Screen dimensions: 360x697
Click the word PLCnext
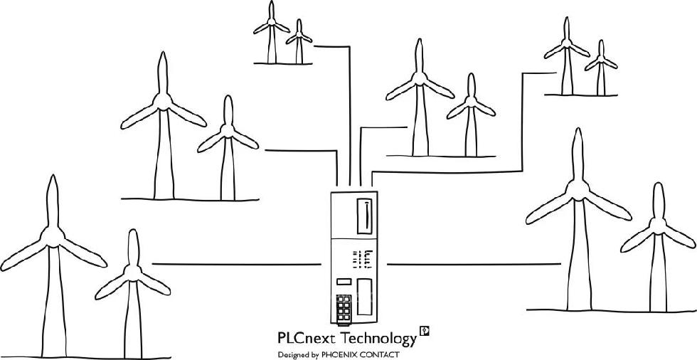[x=307, y=337]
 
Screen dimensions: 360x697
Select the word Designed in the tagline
[x=293, y=354]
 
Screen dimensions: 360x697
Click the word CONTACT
[x=381, y=354]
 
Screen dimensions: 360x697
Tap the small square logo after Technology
[x=425, y=331]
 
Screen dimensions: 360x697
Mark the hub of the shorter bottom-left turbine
[x=132, y=272]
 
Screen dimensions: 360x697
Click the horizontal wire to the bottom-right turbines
[x=473, y=264]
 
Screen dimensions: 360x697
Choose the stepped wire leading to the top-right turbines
[x=523, y=121]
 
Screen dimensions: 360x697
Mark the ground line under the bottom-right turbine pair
[x=612, y=310]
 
